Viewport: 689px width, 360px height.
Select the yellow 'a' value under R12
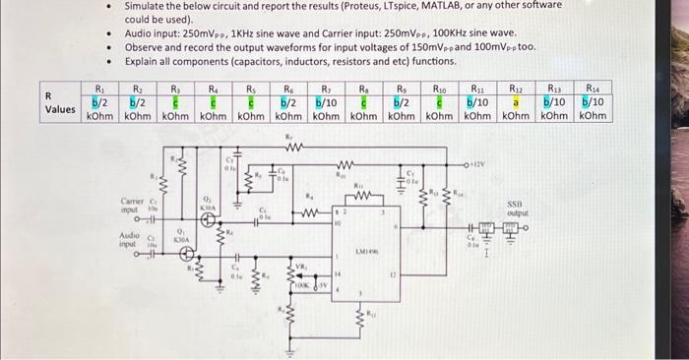513,101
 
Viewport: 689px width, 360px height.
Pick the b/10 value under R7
325,101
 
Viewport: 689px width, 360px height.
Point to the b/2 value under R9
402,101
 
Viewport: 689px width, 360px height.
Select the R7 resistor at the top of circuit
289,151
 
